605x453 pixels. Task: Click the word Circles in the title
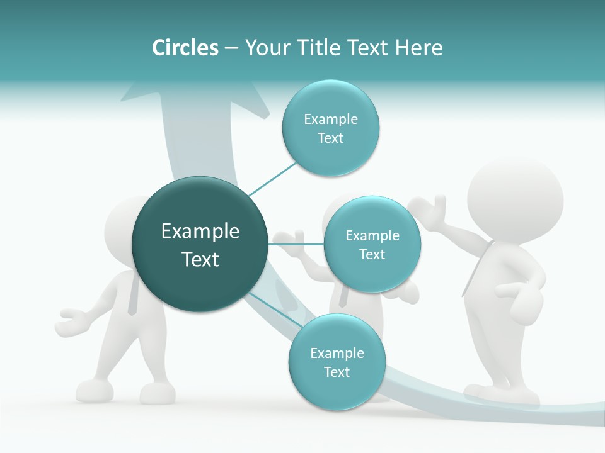pyautogui.click(x=185, y=48)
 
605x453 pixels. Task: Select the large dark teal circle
pyautogui.click(x=200, y=244)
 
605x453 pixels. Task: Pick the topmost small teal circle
pyautogui.click(x=330, y=128)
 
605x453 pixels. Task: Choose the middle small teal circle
pyautogui.click(x=372, y=244)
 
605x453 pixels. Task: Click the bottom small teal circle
pyautogui.click(x=337, y=362)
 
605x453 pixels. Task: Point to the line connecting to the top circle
pyautogui.click(x=272, y=179)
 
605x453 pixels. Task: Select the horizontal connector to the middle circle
pyautogui.click(x=296, y=244)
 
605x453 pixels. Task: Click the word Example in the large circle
pyautogui.click(x=200, y=232)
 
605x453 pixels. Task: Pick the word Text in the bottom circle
pyautogui.click(x=337, y=372)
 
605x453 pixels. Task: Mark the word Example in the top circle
pyautogui.click(x=330, y=119)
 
